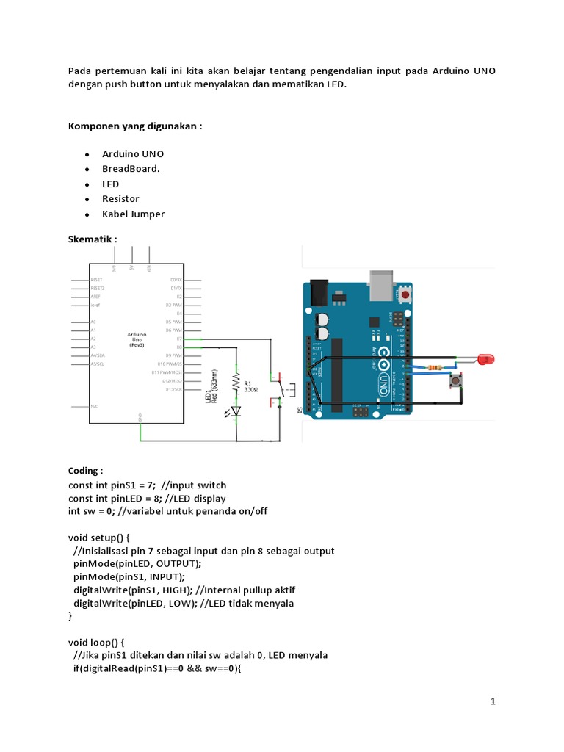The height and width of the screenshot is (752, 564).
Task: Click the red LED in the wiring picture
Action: tap(485, 359)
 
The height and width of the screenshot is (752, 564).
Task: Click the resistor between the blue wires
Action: tap(438, 368)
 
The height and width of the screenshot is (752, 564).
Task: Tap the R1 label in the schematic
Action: tap(247, 382)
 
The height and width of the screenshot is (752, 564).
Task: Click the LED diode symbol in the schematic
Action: tap(236, 411)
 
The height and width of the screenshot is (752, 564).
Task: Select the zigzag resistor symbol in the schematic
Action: tap(236, 382)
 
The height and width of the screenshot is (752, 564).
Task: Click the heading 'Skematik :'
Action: tap(93, 239)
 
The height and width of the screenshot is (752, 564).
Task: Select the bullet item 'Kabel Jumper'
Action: tap(133, 214)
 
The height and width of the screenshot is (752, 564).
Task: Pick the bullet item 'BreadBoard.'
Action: tap(131, 169)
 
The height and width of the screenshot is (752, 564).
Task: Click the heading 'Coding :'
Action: tap(86, 470)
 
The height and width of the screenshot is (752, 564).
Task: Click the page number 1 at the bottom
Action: tap(493, 702)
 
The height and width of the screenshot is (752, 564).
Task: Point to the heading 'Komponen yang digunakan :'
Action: tap(135, 126)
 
